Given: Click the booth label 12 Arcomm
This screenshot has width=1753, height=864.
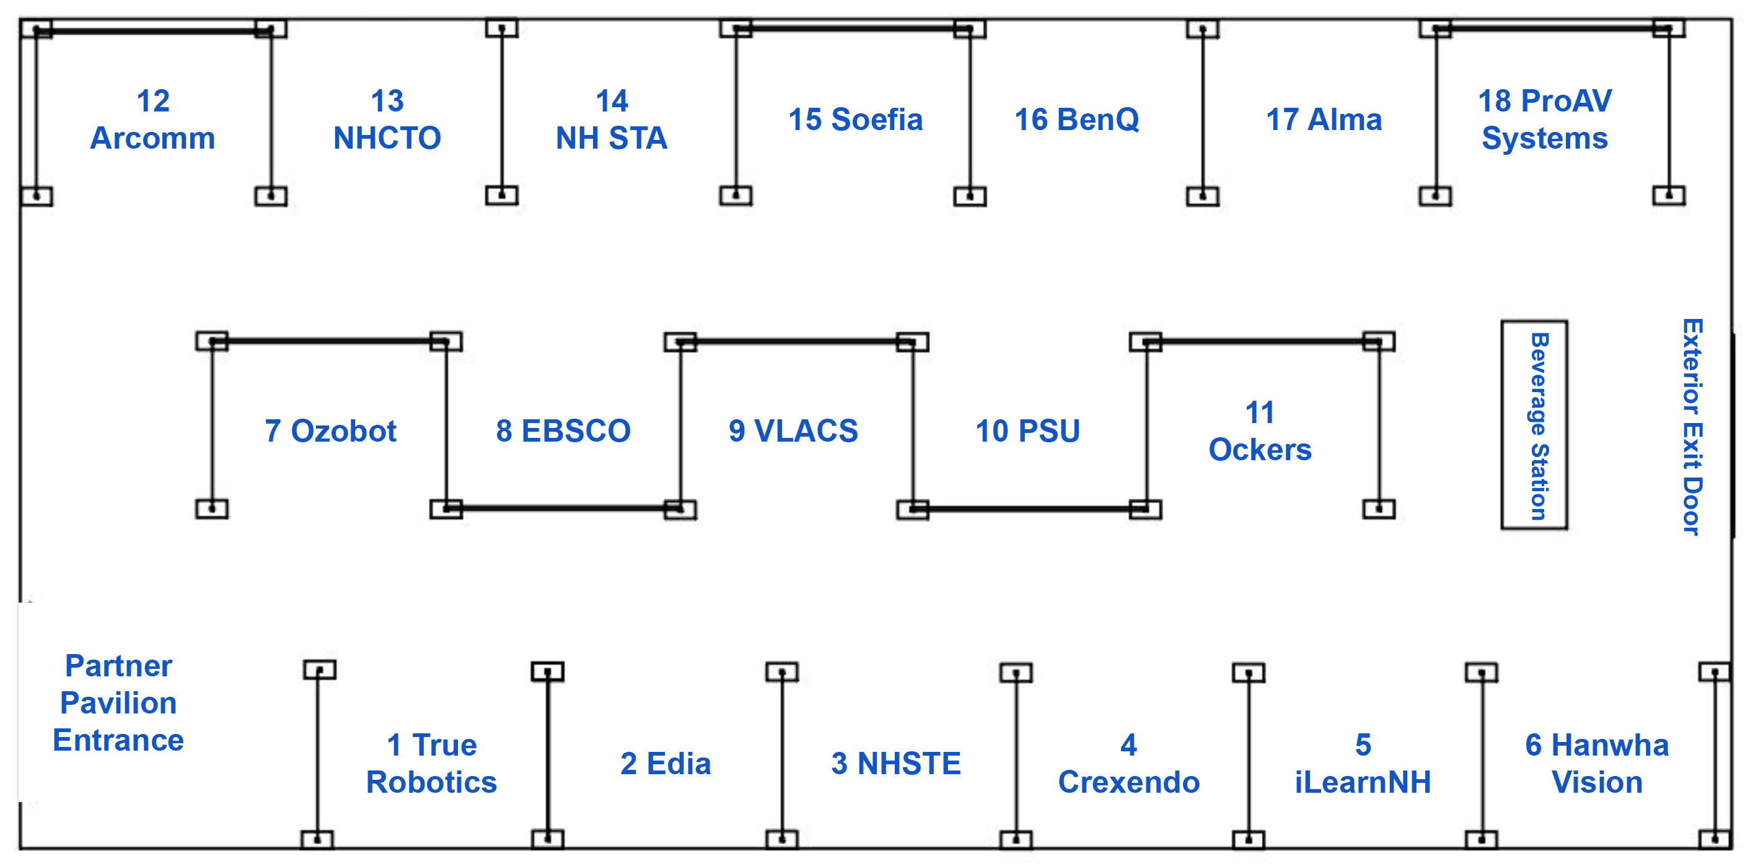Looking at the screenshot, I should click(x=152, y=120).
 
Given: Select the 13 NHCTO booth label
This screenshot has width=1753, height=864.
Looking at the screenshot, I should click(x=387, y=120).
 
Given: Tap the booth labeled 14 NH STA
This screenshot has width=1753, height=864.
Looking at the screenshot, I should click(x=611, y=120).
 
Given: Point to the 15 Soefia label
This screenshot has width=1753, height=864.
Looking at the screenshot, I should click(x=855, y=120).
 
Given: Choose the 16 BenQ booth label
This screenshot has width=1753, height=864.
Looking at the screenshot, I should click(x=1076, y=120).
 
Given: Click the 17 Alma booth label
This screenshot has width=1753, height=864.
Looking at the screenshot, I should click(x=1324, y=120).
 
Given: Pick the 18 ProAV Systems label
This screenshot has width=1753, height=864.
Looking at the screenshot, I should click(x=1545, y=120).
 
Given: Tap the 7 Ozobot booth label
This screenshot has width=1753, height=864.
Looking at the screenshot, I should click(x=330, y=430).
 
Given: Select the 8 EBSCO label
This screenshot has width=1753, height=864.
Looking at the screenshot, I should click(x=563, y=430).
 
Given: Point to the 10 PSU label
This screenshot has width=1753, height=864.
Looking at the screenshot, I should click(x=1027, y=430).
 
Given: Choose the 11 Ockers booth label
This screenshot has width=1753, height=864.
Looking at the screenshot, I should click(x=1260, y=430).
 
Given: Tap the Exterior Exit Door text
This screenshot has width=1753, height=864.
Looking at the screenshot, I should click(x=1692, y=427).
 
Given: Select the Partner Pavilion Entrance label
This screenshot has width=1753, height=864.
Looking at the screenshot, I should click(x=118, y=703).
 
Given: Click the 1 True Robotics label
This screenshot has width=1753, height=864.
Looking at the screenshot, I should click(x=431, y=763).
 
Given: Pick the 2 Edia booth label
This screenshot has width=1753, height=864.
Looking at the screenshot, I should click(x=665, y=763).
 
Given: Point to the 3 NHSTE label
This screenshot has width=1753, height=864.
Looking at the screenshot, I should click(x=895, y=763).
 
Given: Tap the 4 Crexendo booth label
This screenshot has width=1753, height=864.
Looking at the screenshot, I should click(x=1128, y=763).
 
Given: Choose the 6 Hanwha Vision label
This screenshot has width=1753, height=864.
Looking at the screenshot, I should click(x=1596, y=763).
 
